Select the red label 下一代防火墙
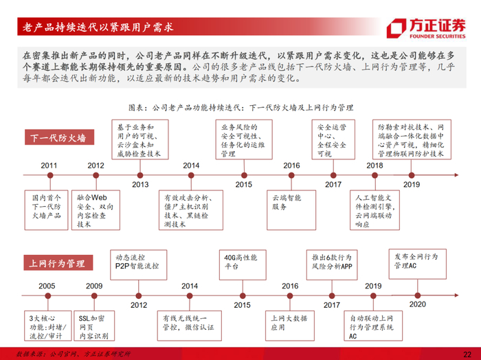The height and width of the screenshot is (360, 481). (58, 138)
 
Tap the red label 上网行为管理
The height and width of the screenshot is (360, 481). (58, 263)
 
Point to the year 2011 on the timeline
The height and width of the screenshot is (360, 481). (49, 166)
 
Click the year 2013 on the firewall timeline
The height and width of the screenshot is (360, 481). (140, 184)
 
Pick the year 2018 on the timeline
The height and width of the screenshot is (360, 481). (374, 166)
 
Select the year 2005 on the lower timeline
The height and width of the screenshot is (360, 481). (47, 286)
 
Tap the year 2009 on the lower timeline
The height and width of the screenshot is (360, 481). (95, 286)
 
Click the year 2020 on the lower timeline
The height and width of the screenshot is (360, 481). (418, 304)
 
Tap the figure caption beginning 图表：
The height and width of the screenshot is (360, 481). (240, 108)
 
